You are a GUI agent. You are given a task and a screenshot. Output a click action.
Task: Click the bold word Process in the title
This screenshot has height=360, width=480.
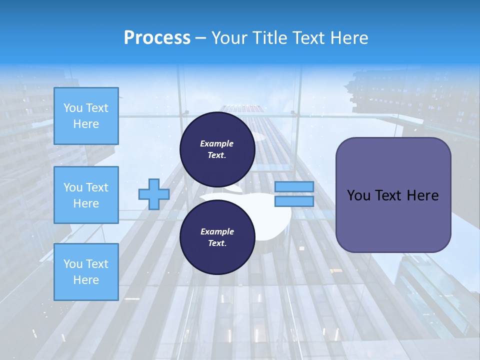point(157,38)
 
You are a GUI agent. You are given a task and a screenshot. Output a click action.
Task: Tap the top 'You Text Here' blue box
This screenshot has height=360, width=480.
point(86,116)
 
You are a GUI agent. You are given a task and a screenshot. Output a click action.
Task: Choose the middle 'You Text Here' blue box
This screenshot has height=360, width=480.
point(86,195)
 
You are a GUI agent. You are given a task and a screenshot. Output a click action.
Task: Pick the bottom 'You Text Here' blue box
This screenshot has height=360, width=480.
point(86,272)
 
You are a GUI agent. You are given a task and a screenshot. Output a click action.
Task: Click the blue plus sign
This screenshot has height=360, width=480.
point(154,194)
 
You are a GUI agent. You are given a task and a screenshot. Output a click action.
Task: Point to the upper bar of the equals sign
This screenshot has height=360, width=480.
point(294,186)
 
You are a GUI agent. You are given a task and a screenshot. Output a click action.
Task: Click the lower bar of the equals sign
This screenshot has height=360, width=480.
point(294,201)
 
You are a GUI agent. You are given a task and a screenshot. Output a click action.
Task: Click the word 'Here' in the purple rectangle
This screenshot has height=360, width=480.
point(422,195)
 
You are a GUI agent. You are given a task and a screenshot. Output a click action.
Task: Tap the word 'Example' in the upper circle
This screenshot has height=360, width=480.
point(217,143)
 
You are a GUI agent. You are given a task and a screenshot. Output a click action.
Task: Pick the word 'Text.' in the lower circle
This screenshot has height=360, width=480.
point(217,243)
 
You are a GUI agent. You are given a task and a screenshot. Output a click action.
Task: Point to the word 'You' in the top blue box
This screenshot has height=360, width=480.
point(73,108)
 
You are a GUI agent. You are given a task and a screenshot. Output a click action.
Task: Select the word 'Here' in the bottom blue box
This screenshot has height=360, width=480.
point(86,280)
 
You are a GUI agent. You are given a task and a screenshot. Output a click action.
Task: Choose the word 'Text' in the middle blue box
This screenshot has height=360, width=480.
point(97,187)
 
